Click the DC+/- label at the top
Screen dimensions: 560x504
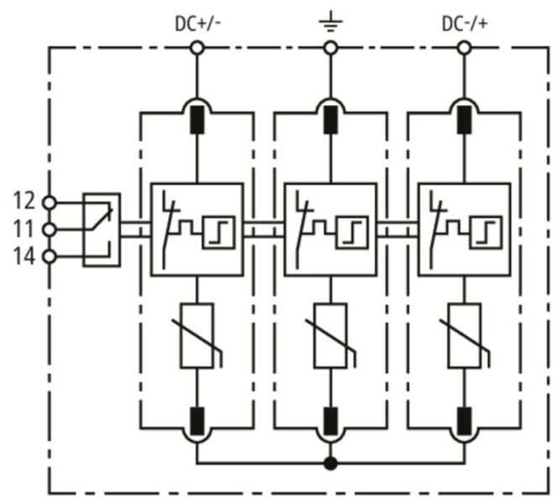point(197,24)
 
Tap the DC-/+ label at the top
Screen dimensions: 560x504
point(464,24)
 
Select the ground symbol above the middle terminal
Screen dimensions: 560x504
point(331,22)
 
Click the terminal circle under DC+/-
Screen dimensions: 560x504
point(197,48)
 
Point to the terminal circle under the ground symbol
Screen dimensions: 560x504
point(331,48)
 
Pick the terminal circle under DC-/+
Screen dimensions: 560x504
point(464,48)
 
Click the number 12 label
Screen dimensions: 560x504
point(24,201)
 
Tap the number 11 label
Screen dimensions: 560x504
point(24,228)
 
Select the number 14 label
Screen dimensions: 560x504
point(24,256)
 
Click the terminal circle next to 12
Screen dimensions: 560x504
point(50,203)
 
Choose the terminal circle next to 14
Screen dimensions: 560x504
point(50,257)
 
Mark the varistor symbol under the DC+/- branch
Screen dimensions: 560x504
point(197,336)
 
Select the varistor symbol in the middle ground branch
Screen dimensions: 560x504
point(331,336)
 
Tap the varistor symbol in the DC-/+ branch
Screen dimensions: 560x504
point(464,336)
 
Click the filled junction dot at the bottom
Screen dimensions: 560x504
point(331,464)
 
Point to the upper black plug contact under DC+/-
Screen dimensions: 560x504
point(197,120)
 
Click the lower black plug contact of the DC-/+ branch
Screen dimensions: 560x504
point(464,421)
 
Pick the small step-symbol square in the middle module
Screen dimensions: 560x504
point(352,233)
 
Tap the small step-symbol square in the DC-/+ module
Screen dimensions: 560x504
point(486,233)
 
